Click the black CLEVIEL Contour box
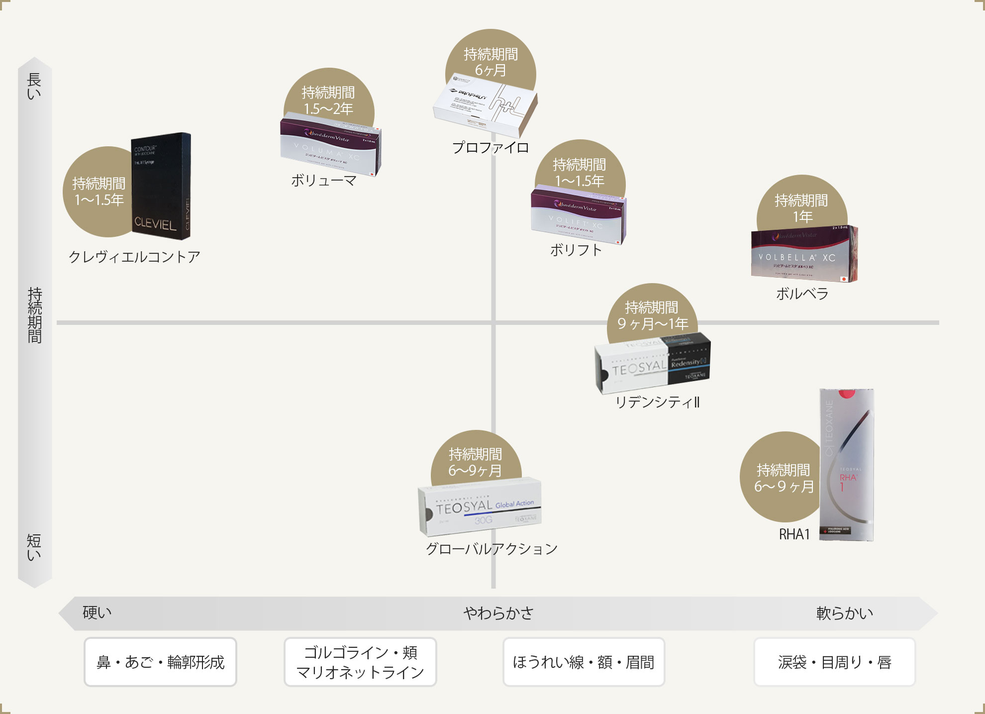(160, 187)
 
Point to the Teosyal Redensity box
(653, 364)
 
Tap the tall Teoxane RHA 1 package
(847, 465)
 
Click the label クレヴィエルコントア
(134, 257)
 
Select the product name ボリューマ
(324, 181)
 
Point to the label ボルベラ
(802, 294)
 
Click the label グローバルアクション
(492, 549)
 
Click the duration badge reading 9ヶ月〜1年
(652, 313)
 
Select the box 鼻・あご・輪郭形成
(160, 662)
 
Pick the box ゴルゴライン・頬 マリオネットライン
(360, 662)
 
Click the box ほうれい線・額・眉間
(584, 662)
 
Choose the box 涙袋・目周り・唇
(834, 662)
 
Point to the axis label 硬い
(97, 612)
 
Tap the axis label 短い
(34, 547)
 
